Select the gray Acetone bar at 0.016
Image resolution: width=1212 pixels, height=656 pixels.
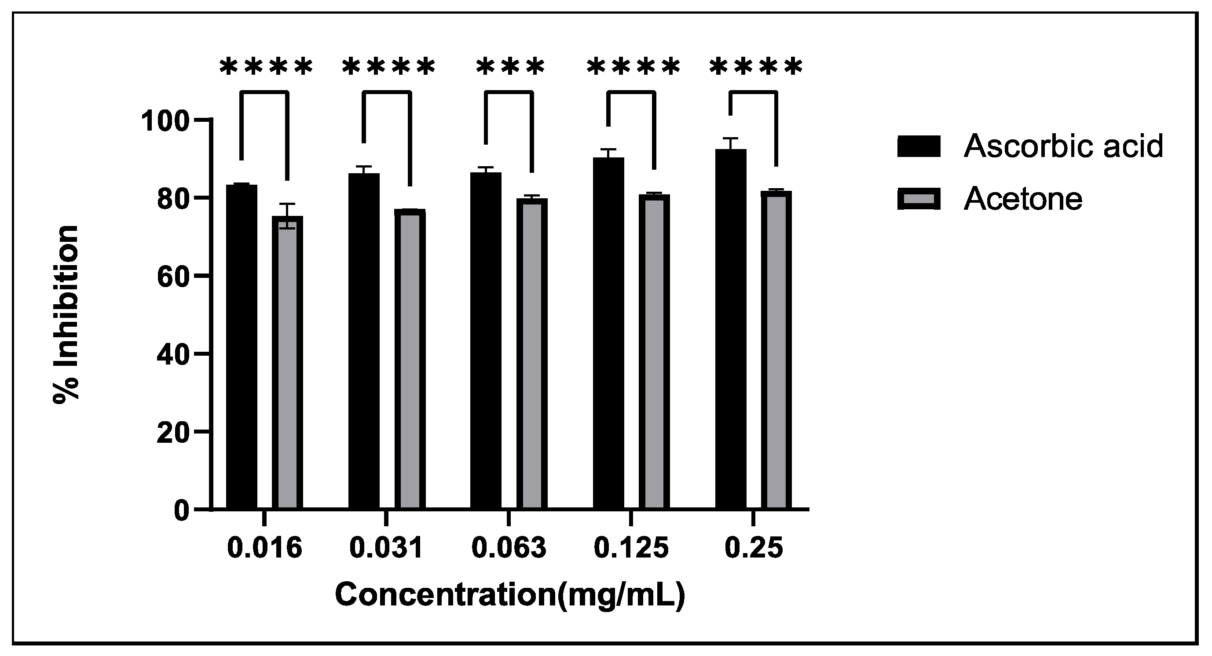(x=287, y=362)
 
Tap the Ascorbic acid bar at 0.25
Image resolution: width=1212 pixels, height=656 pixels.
(x=731, y=329)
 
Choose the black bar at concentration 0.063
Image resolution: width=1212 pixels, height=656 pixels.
(x=486, y=340)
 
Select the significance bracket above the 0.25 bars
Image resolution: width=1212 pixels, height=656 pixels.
(x=753, y=93)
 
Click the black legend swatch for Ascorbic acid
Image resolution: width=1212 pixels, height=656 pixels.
(x=919, y=146)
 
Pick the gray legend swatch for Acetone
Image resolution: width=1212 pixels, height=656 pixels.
(x=919, y=199)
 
